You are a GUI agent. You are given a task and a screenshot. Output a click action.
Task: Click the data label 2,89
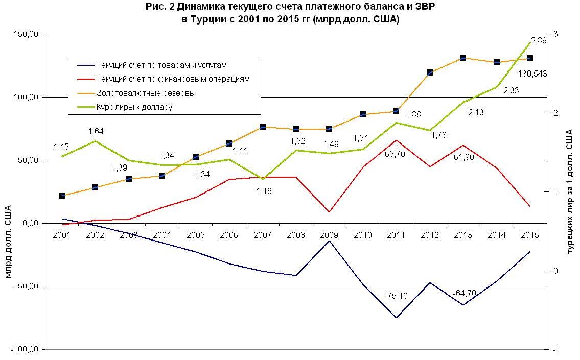539,40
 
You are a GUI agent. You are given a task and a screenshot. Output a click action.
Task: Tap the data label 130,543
533,74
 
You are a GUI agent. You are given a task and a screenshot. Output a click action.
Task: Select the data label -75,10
396,296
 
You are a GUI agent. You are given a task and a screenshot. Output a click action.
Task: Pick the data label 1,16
264,191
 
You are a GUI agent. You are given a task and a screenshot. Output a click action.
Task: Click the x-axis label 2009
329,235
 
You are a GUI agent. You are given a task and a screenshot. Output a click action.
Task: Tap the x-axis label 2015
529,235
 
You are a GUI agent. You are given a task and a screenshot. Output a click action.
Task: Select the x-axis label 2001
62,235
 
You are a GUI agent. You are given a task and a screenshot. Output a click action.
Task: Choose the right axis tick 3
555,34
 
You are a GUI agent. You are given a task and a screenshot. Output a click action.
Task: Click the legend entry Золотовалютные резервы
146,93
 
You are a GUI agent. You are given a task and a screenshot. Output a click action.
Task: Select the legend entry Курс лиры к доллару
134,107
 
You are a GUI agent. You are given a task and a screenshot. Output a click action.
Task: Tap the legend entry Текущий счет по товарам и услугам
161,65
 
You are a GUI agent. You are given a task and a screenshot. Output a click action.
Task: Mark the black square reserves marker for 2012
429,73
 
